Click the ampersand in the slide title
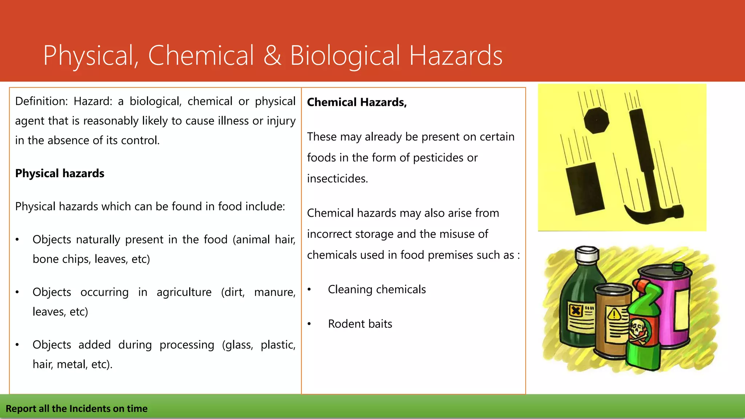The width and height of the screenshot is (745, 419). tap(272, 55)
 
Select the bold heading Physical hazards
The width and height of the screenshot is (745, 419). tap(60, 173)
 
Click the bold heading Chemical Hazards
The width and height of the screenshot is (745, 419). tap(356, 102)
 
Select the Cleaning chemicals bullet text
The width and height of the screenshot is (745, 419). tap(377, 290)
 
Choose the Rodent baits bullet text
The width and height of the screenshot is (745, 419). tap(360, 324)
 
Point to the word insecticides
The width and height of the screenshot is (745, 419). tap(337, 179)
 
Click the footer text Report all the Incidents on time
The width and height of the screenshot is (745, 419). tap(76, 408)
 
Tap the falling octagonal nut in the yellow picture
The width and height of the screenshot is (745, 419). tap(596, 120)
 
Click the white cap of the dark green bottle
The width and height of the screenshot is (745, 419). tap(587, 254)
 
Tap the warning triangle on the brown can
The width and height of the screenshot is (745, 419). tap(615, 314)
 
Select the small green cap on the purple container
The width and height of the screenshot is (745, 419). tap(678, 267)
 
